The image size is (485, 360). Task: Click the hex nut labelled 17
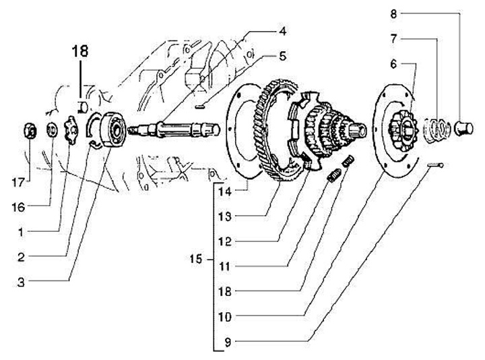[x=30, y=131]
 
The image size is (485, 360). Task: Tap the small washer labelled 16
[x=52, y=129]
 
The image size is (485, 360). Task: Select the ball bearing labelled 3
[x=114, y=129]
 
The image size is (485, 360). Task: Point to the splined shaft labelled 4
[x=174, y=129]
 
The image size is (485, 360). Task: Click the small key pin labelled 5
[x=201, y=107]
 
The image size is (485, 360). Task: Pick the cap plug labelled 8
[x=463, y=129]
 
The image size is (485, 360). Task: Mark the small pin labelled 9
[x=436, y=166]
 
